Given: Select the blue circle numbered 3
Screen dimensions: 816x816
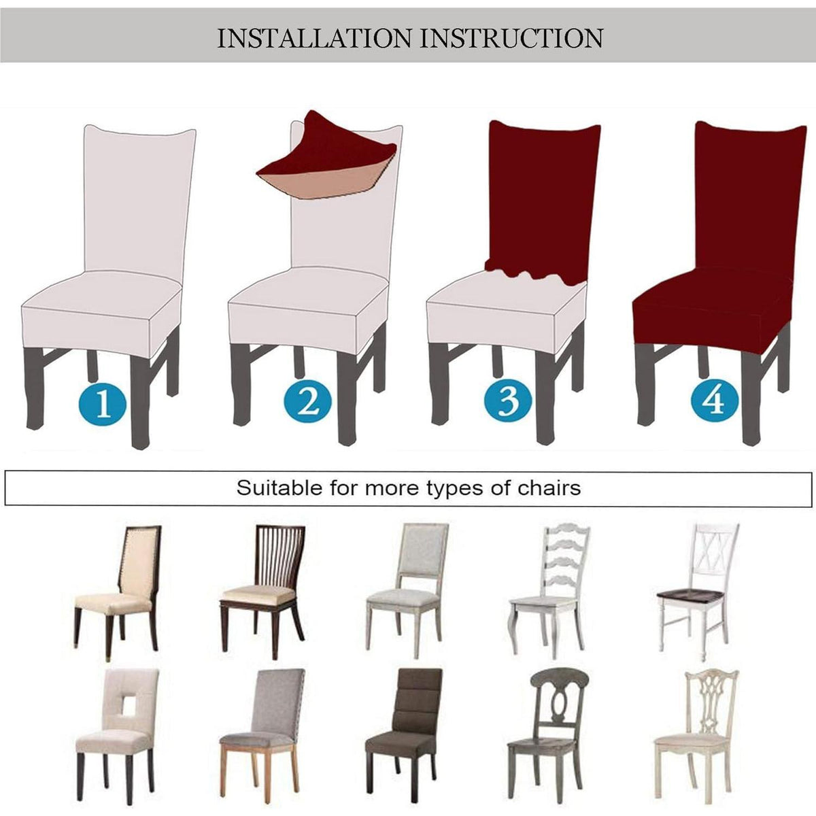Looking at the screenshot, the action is [508, 399].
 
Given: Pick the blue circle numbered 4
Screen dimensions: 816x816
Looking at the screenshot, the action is [715, 399].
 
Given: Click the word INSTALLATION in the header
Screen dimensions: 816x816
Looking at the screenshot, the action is [314, 39].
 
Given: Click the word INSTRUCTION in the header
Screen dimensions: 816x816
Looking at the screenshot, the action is [511, 39].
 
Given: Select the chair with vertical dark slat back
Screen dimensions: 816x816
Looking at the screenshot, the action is [262, 592].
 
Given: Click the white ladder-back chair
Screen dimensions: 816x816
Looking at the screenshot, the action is [549, 592].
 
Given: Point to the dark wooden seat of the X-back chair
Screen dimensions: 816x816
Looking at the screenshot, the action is [690, 598].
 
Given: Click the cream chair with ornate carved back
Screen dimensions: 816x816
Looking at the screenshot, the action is [696, 736].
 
